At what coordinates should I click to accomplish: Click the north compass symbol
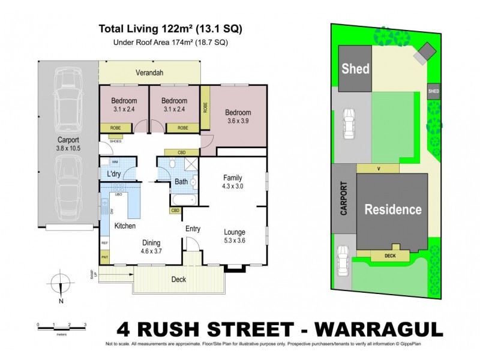point(61,285)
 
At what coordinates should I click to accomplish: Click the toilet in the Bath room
point(172,164)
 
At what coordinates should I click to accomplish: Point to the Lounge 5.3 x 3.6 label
point(235,236)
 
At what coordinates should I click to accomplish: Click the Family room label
point(233,182)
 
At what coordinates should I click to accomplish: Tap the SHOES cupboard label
point(116,142)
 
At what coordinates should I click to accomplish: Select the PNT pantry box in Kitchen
point(104,257)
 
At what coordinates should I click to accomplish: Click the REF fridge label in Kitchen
point(104,242)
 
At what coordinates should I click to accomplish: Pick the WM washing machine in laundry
point(115,162)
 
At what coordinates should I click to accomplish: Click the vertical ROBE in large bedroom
point(205,108)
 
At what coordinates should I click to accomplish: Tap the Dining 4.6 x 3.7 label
point(151,247)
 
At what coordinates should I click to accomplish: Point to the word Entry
point(193,228)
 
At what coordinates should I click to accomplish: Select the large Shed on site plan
point(355,68)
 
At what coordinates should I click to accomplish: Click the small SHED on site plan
point(433,91)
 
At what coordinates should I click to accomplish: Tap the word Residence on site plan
point(393,209)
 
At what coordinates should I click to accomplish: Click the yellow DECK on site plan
point(390,256)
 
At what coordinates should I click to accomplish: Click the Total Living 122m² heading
point(170,28)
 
